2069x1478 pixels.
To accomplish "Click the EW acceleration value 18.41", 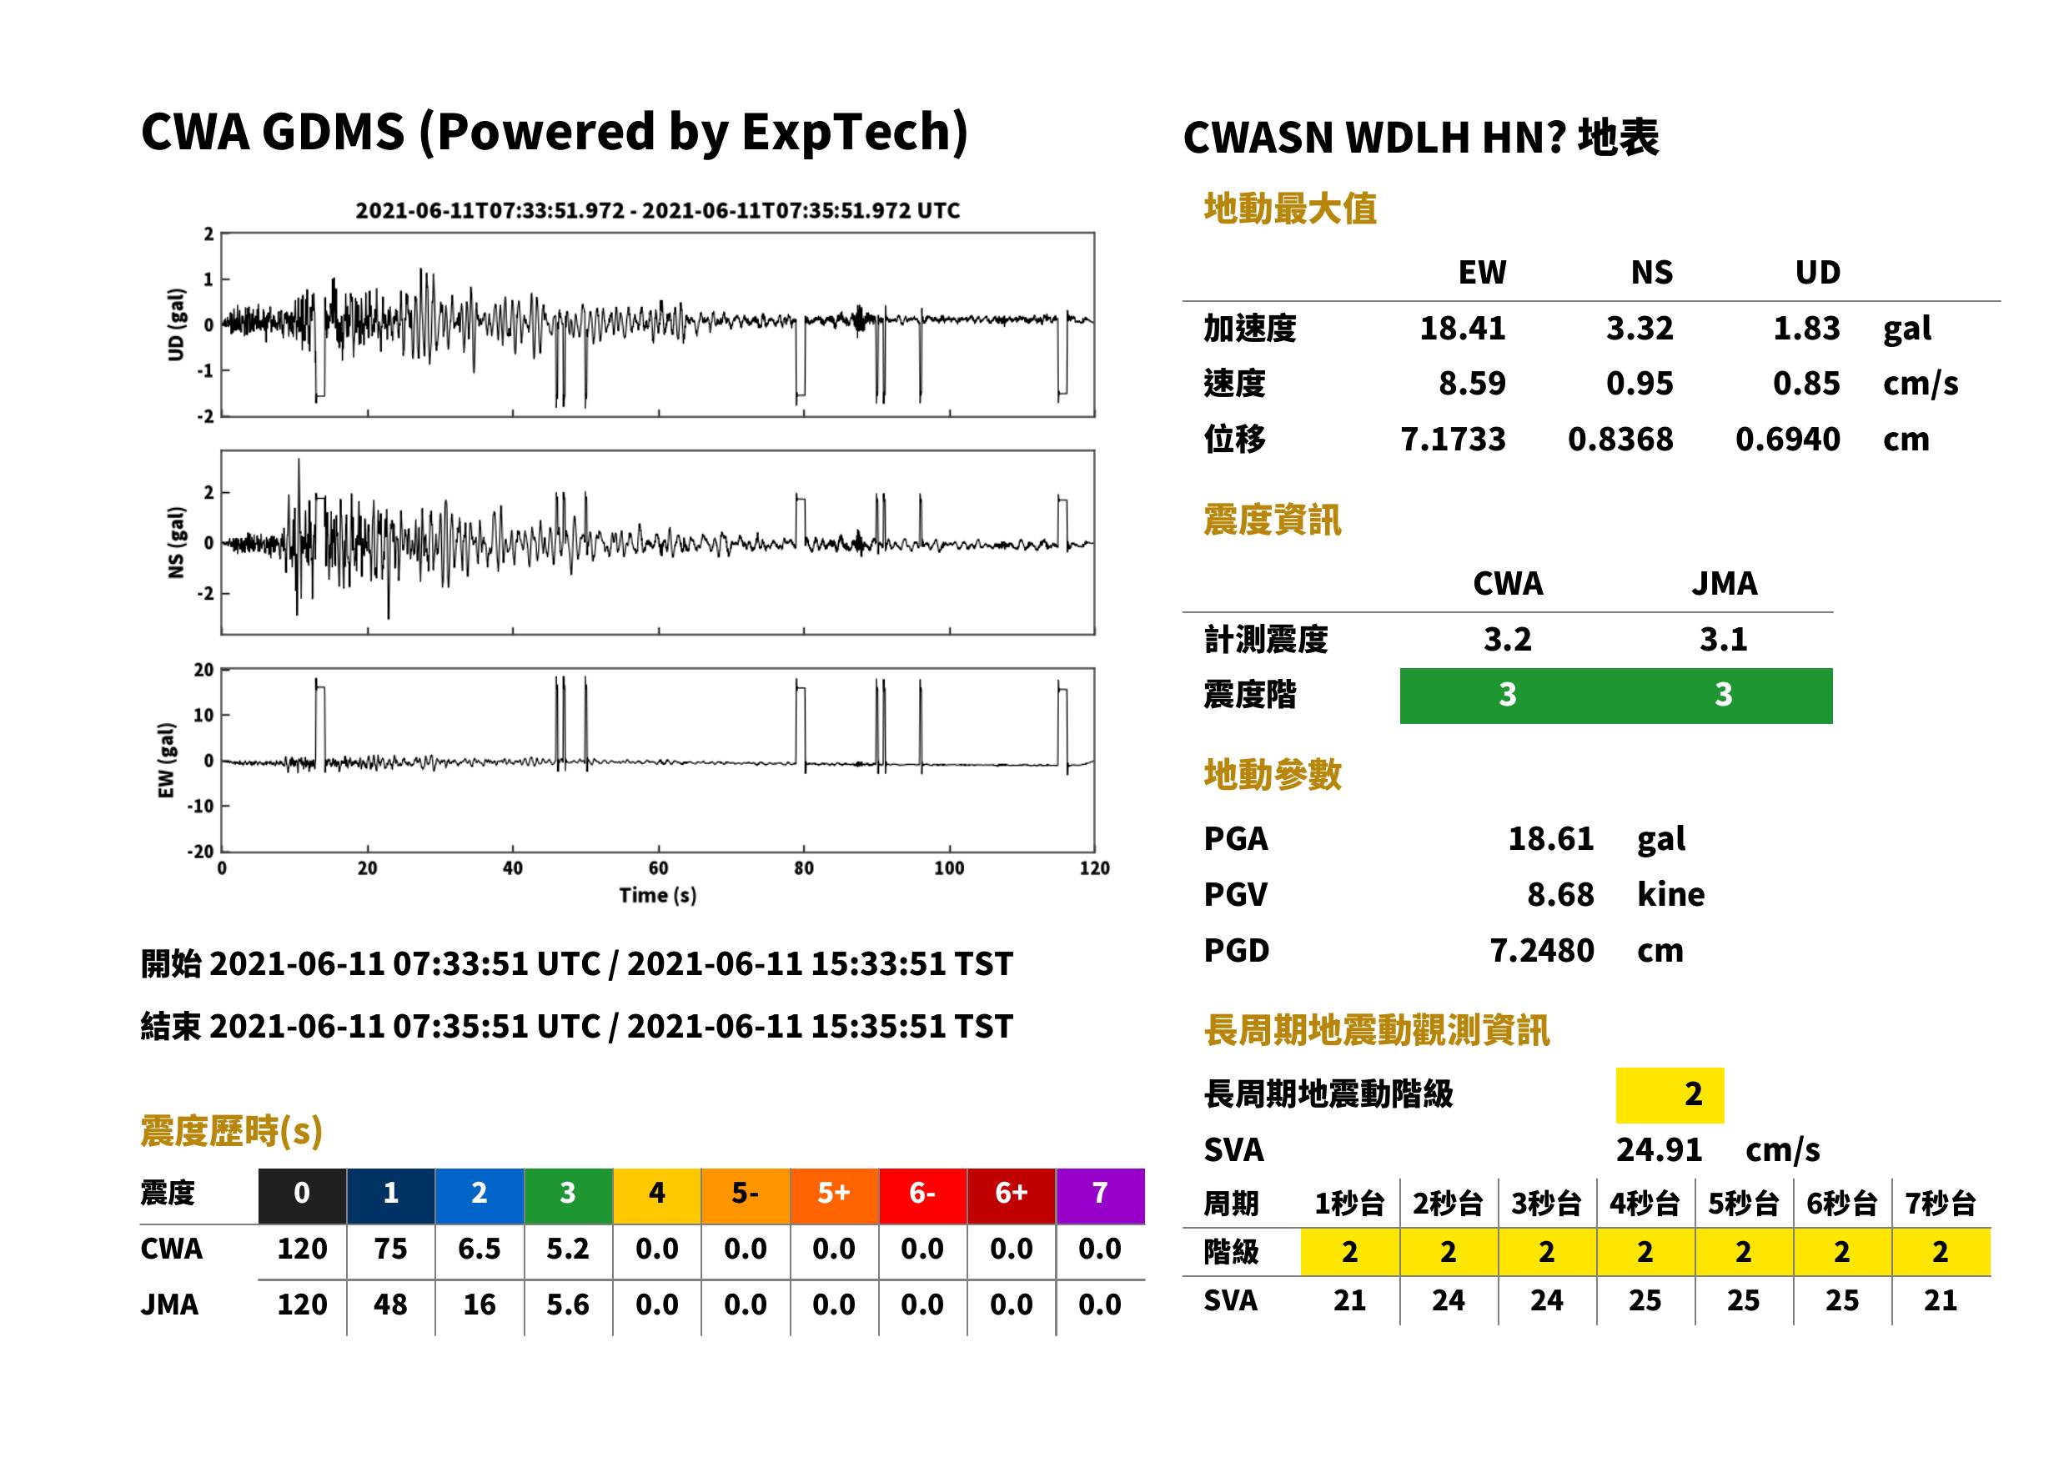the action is pos(1462,329).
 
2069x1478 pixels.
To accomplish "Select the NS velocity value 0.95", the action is pos(1639,384).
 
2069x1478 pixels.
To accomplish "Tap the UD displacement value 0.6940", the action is pos(1787,440).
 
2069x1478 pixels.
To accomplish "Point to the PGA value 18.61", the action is pos(1550,839).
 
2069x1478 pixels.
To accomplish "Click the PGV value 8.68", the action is pos(1560,895).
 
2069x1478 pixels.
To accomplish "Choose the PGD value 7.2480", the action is pos(1541,951).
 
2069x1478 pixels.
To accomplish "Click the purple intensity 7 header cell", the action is pos(1100,1193).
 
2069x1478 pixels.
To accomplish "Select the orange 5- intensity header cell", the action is pos(746,1193).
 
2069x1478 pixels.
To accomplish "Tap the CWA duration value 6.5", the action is pos(480,1249).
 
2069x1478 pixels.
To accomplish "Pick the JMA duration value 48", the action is pos(390,1305).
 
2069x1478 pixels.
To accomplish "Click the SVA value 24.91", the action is pos(1659,1150).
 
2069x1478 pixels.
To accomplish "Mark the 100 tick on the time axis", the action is pos(949,868).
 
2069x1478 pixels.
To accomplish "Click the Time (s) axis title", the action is pos(658,896).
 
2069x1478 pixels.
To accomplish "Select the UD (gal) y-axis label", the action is pos(177,325).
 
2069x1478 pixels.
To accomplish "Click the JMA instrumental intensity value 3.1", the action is pos(1723,640).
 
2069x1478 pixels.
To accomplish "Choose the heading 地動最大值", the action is pos(1290,209).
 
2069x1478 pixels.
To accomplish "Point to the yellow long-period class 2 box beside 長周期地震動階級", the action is pos(1670,1095).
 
